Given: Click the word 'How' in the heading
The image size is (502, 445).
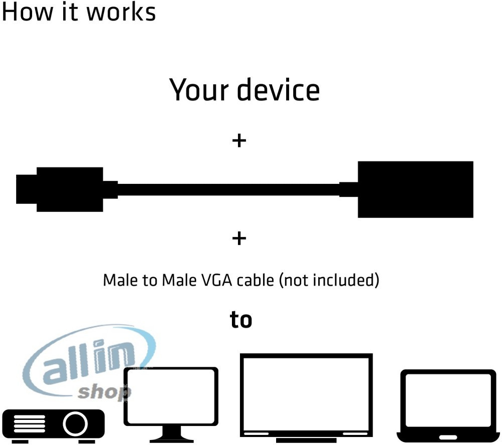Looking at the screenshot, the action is (x=27, y=12).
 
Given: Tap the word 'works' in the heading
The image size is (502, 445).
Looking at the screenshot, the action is (x=121, y=12).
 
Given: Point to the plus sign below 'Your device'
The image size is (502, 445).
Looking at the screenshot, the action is (x=239, y=141).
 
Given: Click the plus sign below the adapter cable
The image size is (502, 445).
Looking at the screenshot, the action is (x=239, y=239).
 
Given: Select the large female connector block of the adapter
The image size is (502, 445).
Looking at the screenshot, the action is (x=415, y=189).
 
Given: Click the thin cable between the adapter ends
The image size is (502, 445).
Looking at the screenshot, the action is (x=228, y=190).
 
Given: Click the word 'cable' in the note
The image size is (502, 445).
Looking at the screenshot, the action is (x=255, y=280).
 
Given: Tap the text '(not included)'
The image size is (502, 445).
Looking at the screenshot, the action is (x=329, y=280).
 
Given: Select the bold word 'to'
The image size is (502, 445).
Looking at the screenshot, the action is (x=241, y=319).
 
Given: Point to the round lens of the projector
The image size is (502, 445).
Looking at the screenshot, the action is (x=75, y=423).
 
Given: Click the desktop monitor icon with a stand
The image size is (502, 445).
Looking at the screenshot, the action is (x=171, y=405).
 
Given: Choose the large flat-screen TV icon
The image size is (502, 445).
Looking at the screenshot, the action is (x=306, y=398).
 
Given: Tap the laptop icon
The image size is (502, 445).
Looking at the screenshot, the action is (x=448, y=406).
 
